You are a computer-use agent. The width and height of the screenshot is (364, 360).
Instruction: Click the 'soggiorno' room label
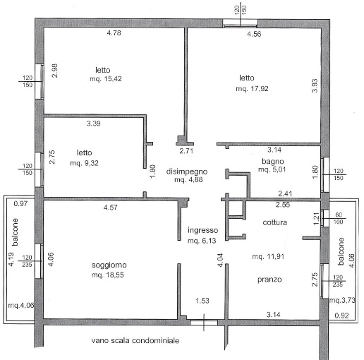(109, 265)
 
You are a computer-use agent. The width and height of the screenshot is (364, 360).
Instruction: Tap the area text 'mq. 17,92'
(252, 89)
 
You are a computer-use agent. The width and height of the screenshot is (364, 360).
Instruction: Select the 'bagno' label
(273, 162)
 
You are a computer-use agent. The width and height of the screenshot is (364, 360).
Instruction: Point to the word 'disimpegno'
(187, 172)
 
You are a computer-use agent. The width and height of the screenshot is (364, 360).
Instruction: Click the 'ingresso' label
(203, 230)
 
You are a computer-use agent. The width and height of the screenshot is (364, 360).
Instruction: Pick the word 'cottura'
(275, 222)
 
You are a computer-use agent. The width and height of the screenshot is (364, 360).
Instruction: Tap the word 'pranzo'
(269, 280)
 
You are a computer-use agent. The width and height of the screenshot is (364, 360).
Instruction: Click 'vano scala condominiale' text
(135, 340)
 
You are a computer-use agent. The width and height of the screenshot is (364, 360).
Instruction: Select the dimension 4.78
(114, 32)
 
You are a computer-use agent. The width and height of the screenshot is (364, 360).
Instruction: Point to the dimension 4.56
(254, 34)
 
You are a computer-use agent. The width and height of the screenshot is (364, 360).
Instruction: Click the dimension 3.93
(315, 85)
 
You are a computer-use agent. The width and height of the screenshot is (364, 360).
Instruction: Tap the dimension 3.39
(94, 124)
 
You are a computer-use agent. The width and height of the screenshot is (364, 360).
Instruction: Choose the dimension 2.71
(186, 151)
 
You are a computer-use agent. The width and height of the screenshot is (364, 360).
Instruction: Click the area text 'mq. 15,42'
(106, 79)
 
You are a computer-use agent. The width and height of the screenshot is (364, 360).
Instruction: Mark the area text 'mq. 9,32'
(84, 163)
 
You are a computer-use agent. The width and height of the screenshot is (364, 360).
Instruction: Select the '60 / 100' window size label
(339, 218)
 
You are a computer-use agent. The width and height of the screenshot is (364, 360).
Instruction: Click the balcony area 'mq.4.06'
(21, 306)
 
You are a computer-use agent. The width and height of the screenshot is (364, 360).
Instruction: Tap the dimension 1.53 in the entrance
(202, 301)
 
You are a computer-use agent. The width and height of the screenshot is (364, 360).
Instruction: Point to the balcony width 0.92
(341, 316)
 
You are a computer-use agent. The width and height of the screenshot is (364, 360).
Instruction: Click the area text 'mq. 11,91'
(268, 256)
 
